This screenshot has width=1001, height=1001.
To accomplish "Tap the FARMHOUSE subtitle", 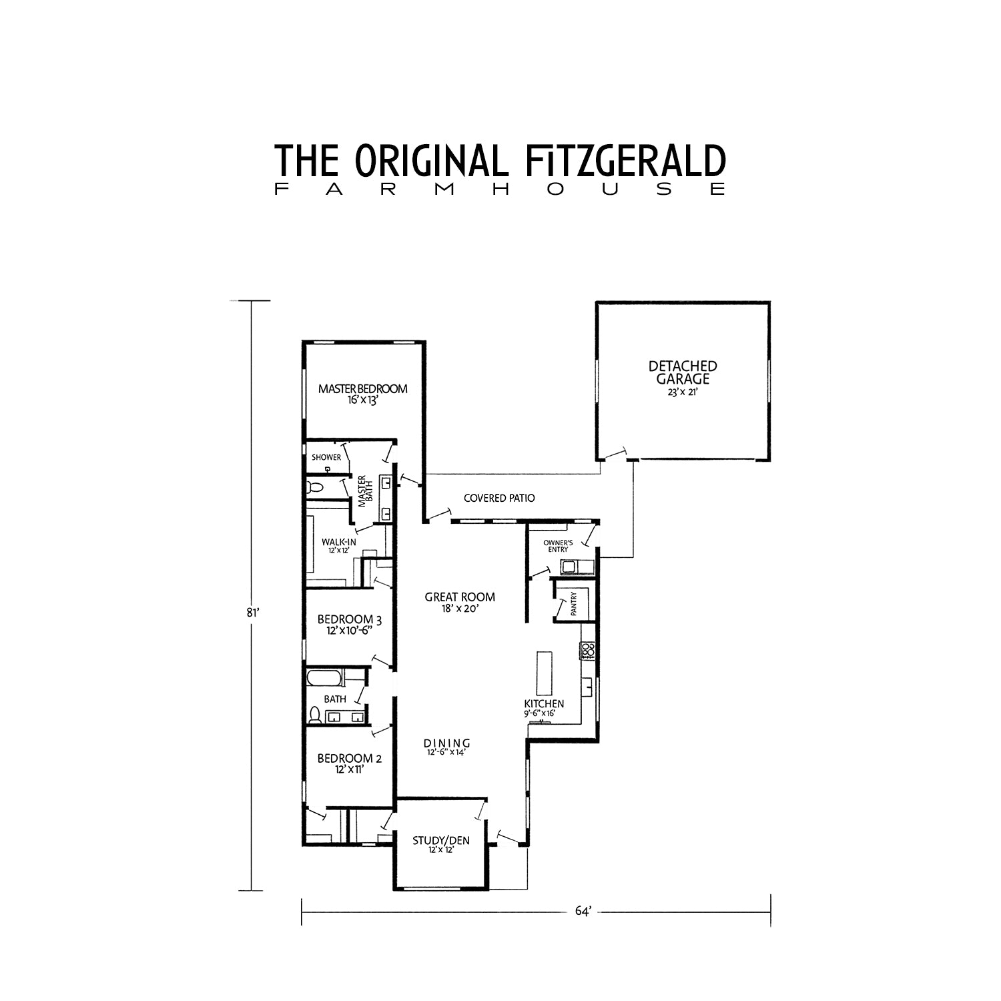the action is pos(500,190).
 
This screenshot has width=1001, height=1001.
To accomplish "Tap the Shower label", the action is pos(326,457).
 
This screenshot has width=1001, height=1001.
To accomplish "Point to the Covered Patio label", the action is pos(499,498).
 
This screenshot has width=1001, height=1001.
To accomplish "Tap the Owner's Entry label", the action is pos(558,546).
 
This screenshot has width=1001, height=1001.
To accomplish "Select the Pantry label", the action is pos(573,604).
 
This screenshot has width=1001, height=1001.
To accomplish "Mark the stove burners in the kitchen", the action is pos(587,651).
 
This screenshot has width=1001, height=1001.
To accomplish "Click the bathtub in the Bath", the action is pos(325,679).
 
